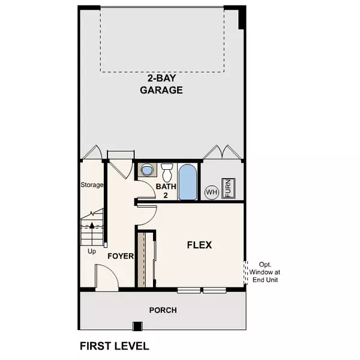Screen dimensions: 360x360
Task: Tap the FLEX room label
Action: tap(200, 245)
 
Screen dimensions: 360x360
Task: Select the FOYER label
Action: tap(120, 256)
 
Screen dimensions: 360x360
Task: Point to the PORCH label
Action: tap(163, 310)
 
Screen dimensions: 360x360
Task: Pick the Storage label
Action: tap(92, 185)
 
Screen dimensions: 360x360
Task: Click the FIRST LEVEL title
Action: tap(114, 346)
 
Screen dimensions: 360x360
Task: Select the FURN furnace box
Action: tap(228, 187)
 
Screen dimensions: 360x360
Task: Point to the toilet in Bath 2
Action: tap(167, 172)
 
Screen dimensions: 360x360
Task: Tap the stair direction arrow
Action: tap(91, 226)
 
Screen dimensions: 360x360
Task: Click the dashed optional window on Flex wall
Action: tap(246, 272)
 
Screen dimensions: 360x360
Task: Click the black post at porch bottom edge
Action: tap(138, 326)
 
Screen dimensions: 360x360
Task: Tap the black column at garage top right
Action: tap(242, 17)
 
